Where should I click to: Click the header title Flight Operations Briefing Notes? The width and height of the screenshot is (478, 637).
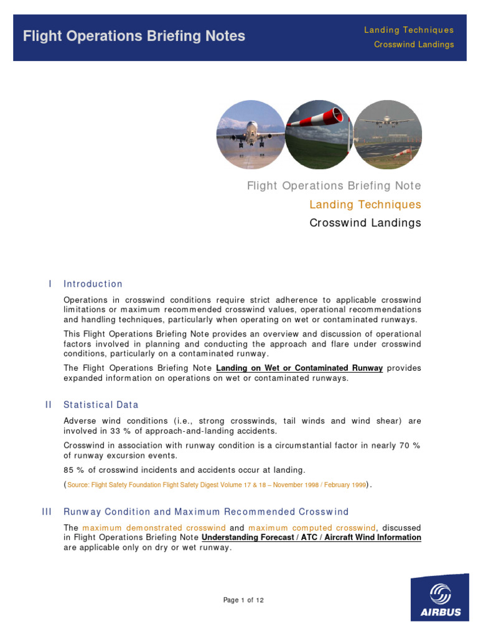134,36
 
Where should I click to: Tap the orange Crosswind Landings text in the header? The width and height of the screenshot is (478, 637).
413,45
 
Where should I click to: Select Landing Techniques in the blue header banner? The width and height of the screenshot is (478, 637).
408,30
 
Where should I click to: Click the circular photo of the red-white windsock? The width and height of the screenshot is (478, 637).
319,134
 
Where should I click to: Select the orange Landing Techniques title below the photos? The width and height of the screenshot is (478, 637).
365,205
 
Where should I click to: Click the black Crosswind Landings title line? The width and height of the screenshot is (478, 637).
365,223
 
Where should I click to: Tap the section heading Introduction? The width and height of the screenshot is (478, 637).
93,284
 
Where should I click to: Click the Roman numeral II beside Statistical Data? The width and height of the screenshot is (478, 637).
49,405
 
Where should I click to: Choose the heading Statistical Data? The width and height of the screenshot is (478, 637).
101,405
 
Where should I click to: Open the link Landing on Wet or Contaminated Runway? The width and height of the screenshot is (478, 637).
299,368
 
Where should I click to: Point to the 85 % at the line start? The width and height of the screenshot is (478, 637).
73,470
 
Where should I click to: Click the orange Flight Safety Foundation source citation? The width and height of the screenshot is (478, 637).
216,485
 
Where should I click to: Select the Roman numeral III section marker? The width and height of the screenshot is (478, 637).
47,512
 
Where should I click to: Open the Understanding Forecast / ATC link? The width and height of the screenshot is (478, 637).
311,537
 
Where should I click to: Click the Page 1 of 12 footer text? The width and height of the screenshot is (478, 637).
243,600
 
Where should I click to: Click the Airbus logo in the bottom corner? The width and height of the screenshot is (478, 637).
439,597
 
